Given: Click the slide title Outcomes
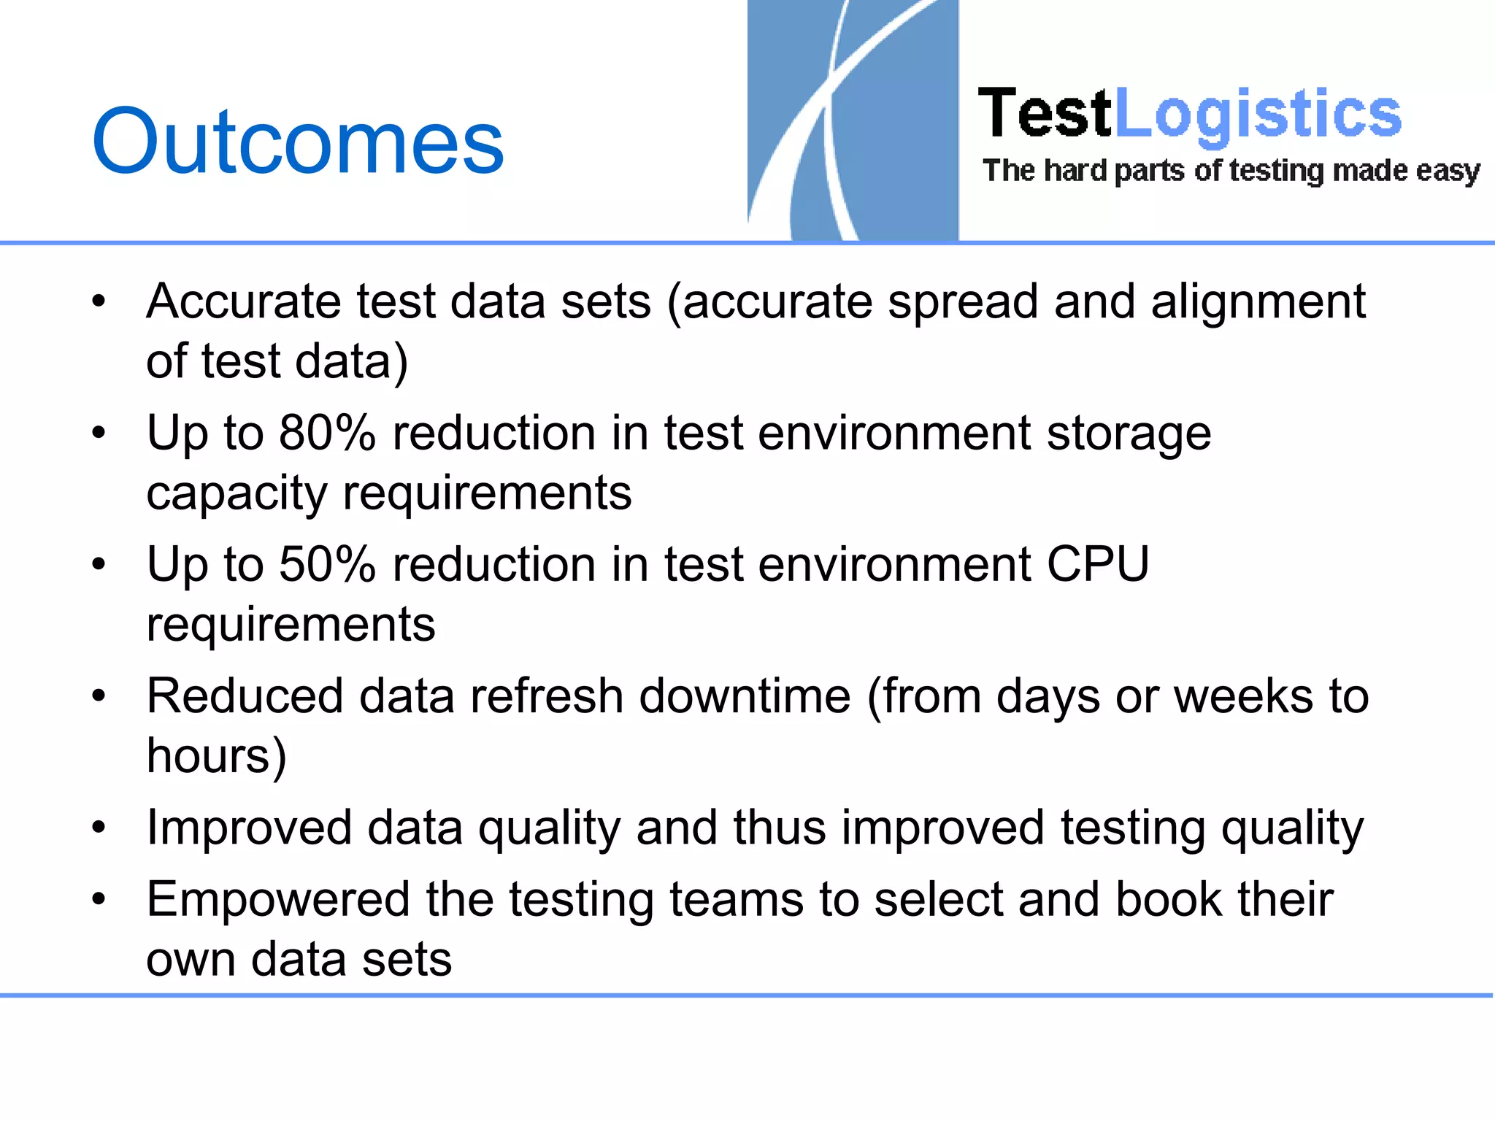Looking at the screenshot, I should click(298, 142).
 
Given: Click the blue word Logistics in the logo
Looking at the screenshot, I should click(1257, 114).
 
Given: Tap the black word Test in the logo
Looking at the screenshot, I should click(1044, 114).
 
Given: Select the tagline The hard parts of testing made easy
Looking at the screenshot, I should click(1231, 171).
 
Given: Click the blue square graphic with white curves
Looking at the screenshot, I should click(853, 120).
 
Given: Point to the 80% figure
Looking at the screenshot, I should click(326, 433).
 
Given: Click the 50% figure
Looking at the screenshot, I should click(326, 564).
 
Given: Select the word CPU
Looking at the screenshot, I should click(1098, 564).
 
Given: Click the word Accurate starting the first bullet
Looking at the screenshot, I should click(243, 301).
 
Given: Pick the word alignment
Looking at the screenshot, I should click(1258, 303).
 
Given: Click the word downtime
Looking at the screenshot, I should click(745, 696).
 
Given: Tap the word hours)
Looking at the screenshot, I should click(216, 756).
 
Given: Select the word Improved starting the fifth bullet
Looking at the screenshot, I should click(249, 829).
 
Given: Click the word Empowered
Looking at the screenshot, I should click(277, 900).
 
